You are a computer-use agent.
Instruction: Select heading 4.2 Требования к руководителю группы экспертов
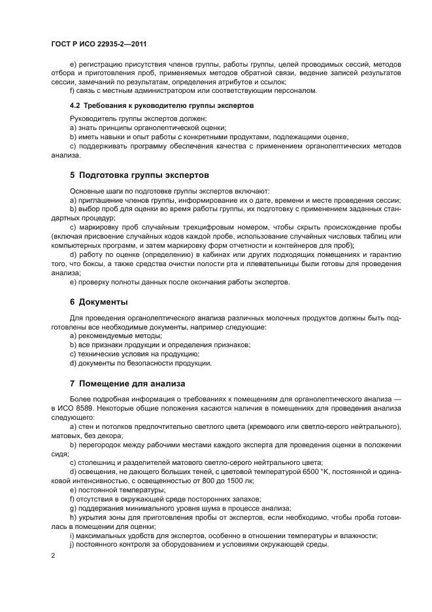pos(161,105)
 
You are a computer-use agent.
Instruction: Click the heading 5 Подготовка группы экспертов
pos(139,175)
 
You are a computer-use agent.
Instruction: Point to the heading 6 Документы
pos(99,301)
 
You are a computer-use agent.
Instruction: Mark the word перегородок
pos(99,444)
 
